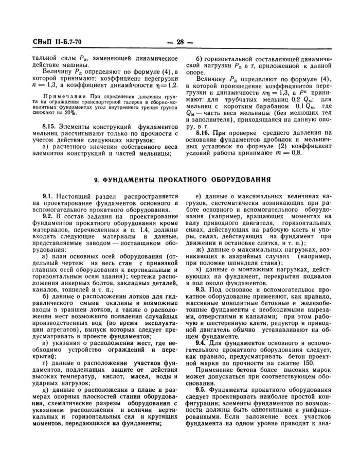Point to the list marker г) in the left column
pos(45,363)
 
